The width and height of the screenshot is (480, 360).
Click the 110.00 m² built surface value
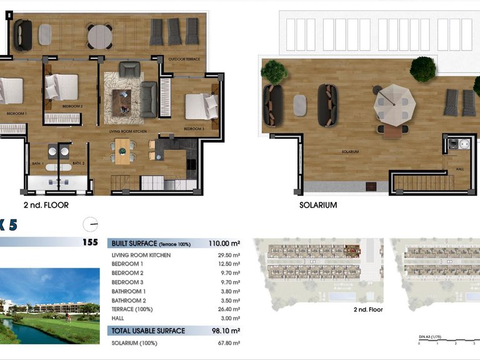(224, 243)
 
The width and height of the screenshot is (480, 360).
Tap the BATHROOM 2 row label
(128, 300)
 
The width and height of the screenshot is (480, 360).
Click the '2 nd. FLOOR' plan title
(46, 204)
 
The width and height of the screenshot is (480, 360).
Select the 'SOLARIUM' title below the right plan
(318, 204)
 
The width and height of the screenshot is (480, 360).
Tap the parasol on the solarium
(391, 103)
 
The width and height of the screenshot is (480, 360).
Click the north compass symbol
(91, 224)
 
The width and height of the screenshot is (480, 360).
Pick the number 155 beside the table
(89, 243)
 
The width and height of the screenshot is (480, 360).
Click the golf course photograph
(49, 306)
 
